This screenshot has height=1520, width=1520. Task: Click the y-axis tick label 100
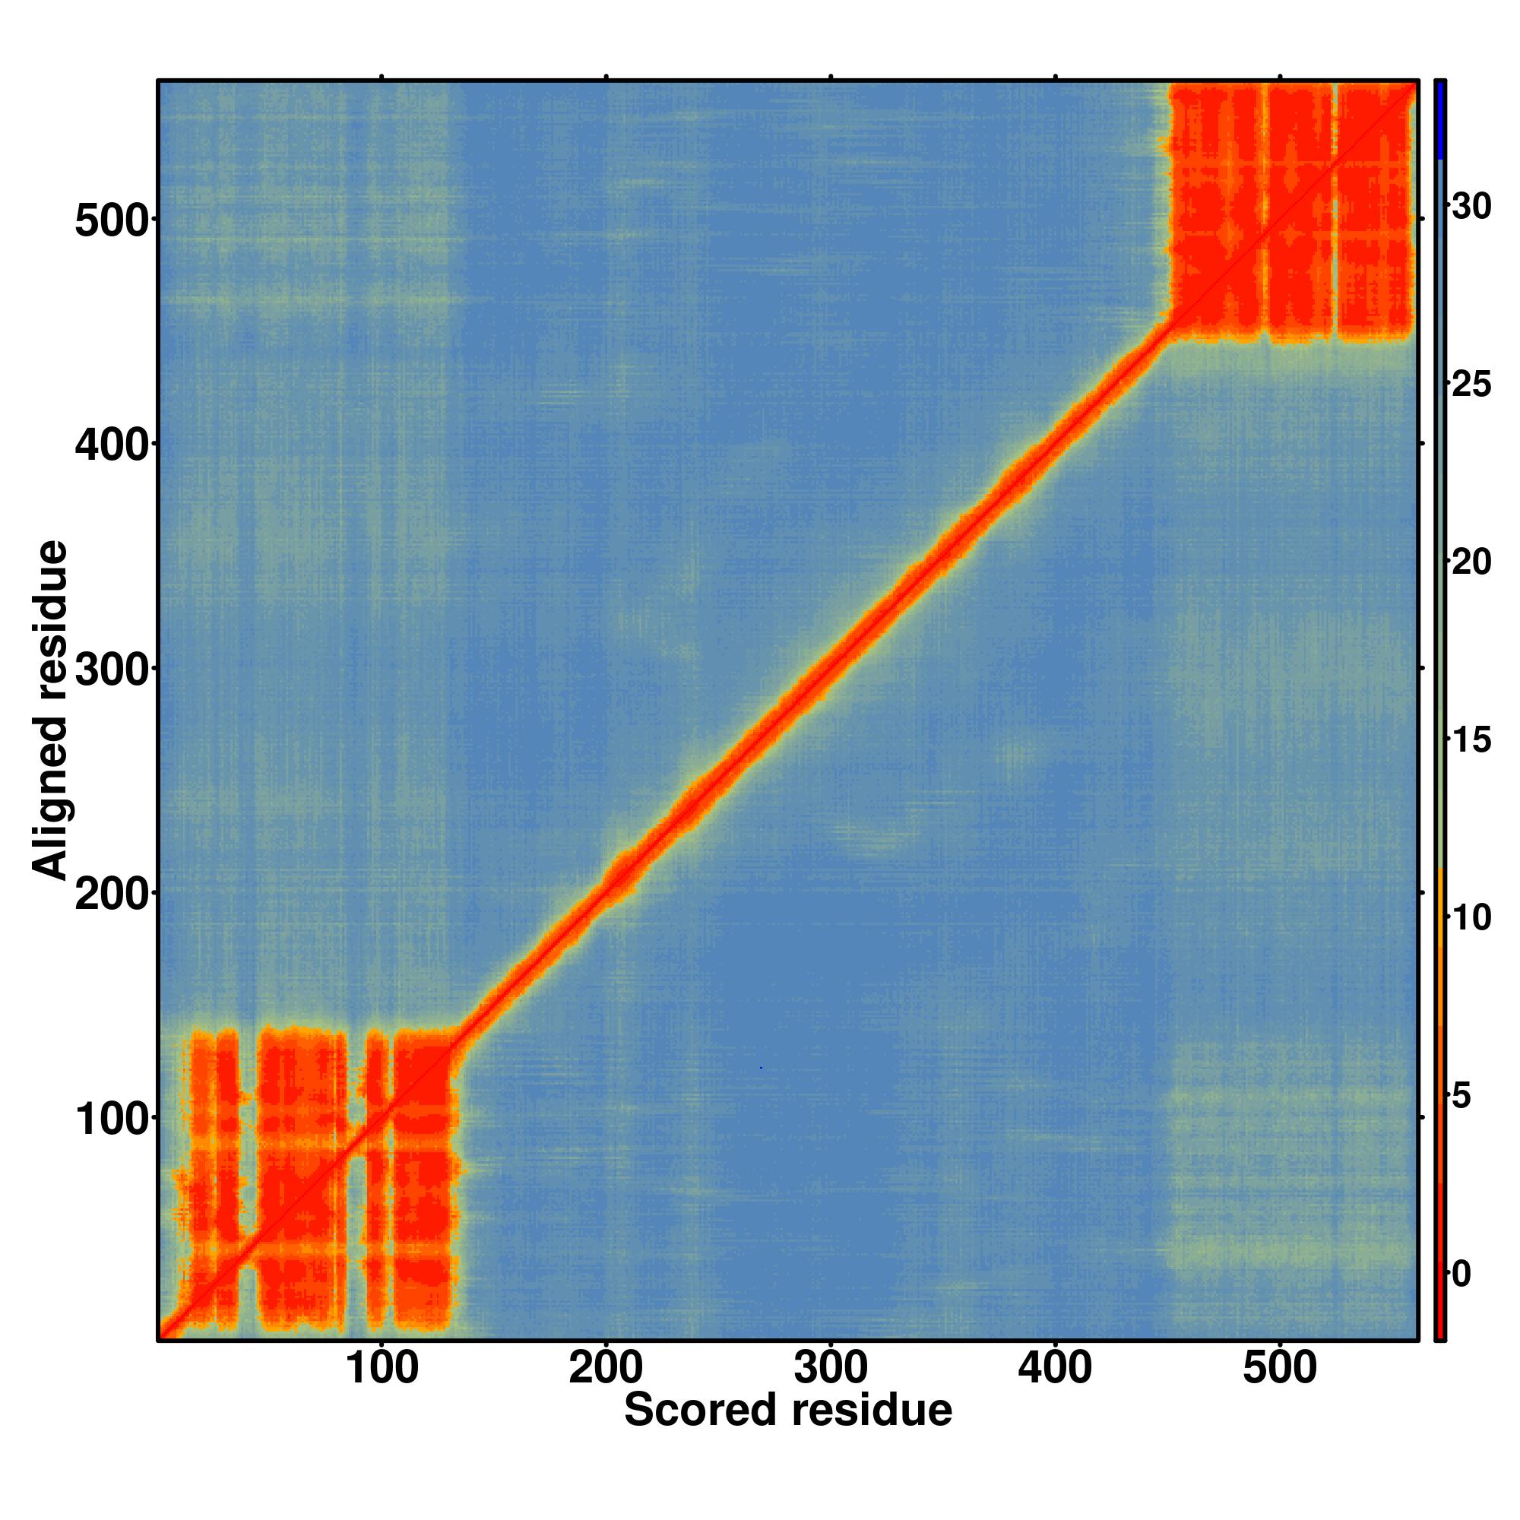(112, 1119)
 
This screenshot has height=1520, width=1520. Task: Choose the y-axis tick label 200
(112, 895)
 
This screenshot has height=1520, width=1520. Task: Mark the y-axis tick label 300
(112, 670)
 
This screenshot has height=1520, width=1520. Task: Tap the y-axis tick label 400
(112, 445)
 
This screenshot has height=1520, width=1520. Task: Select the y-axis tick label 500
(112, 221)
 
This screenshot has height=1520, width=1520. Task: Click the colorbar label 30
(1471, 207)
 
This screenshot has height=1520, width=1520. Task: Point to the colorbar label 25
(1471, 385)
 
